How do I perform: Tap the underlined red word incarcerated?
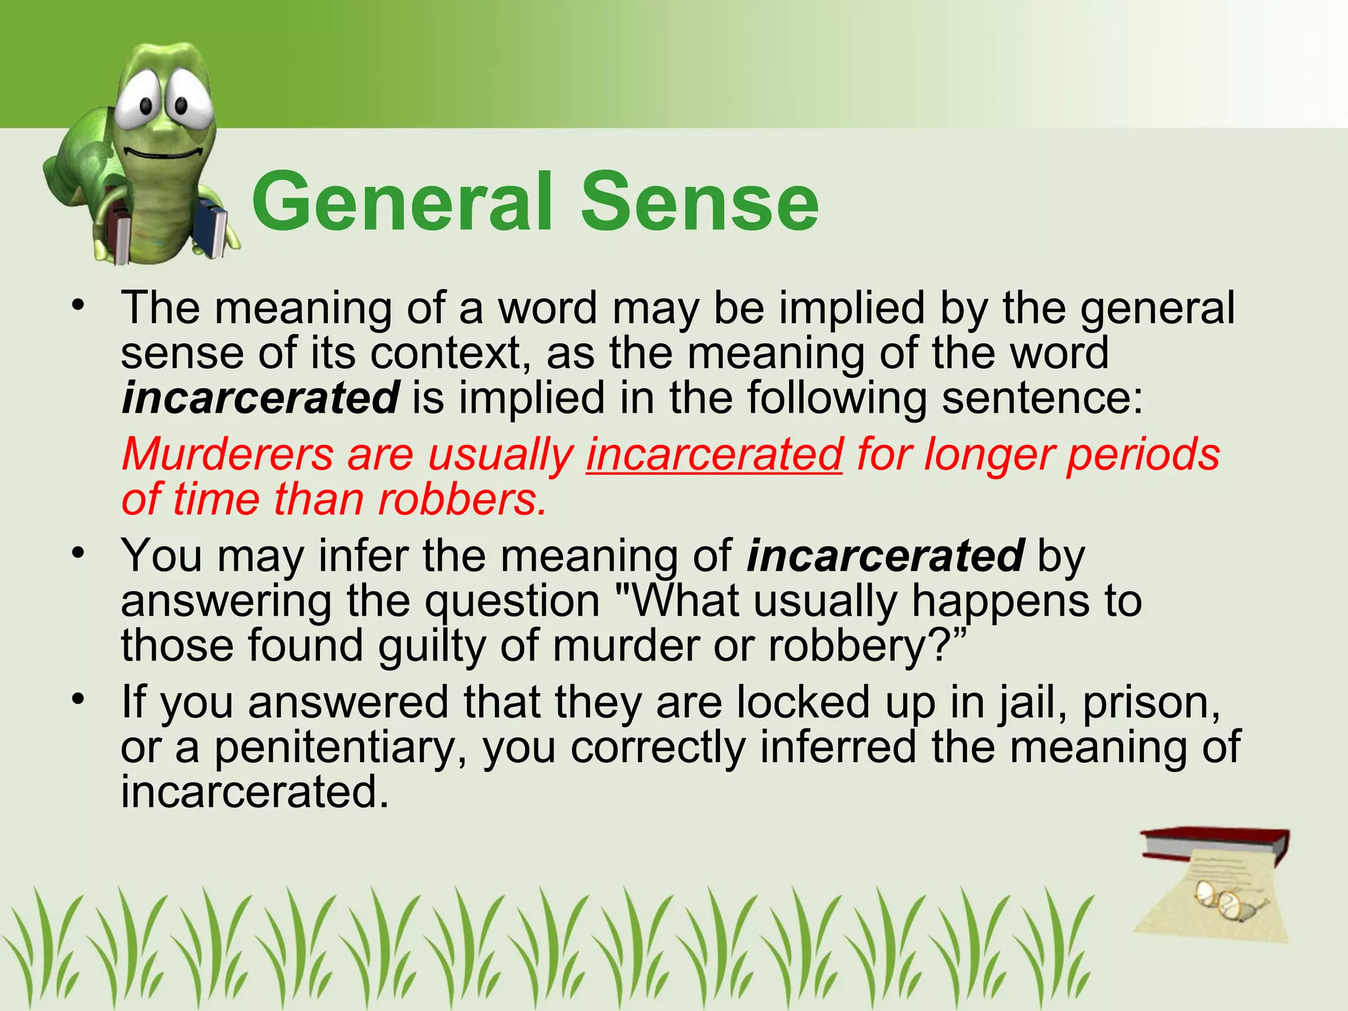click(714, 455)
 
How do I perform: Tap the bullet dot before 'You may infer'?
click(78, 552)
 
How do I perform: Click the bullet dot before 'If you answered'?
click(78, 699)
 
